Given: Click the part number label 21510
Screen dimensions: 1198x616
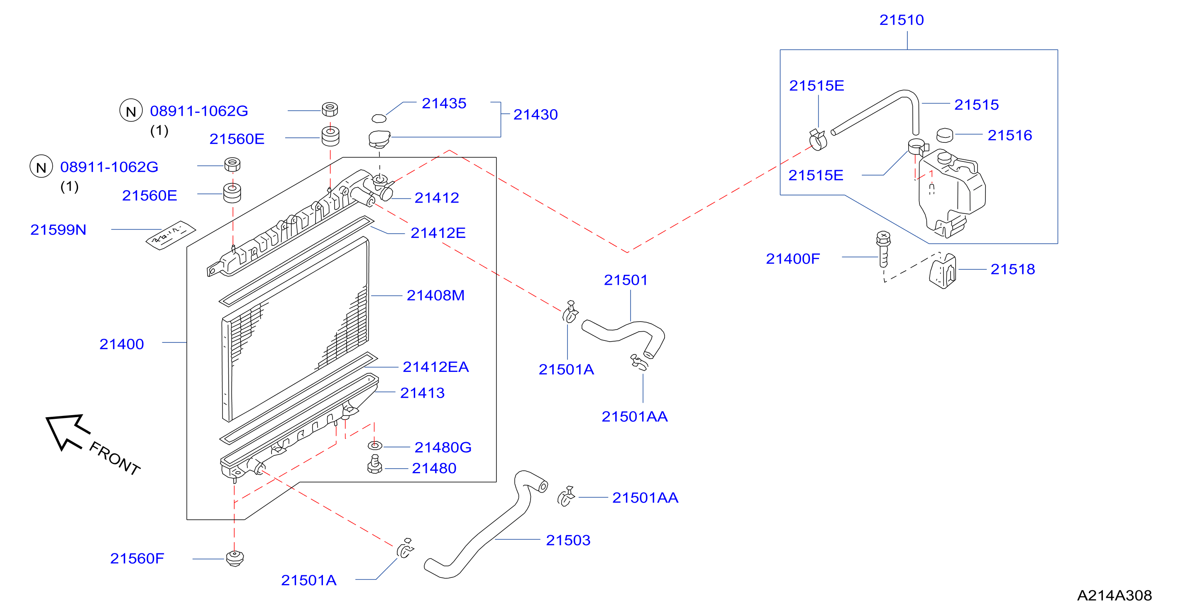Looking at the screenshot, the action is tap(901, 20).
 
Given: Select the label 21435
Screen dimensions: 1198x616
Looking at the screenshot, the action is tap(444, 103).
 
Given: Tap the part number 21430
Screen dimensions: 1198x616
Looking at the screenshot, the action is tap(535, 115).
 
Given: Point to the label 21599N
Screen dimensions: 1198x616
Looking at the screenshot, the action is tap(58, 230).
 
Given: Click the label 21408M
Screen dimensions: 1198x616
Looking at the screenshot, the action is tap(435, 295).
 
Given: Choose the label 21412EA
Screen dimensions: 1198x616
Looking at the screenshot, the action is tap(435, 367).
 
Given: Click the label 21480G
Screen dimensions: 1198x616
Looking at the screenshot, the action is tap(443, 447).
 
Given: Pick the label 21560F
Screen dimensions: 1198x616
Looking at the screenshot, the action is tap(137, 558).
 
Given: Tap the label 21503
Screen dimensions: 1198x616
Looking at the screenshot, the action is tap(568, 540).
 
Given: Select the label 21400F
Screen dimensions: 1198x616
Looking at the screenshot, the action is tap(792, 259).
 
